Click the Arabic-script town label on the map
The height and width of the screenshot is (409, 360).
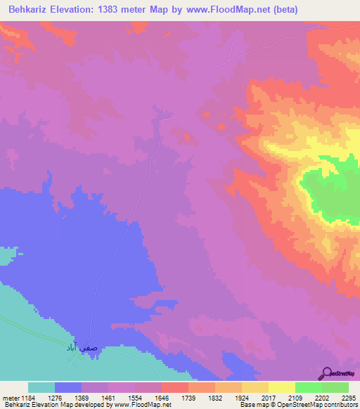tap(75, 348)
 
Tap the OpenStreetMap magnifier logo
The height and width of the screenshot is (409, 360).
tap(327, 372)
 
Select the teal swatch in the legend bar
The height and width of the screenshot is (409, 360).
tap(41, 387)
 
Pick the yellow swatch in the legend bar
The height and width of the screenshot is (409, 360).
tap(282, 387)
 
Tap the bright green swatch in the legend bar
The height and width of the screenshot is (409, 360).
tap(309, 387)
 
